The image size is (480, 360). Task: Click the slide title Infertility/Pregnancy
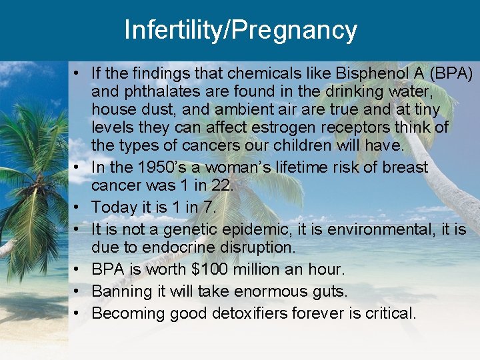(x=240, y=30)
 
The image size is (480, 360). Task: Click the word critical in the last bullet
(x=389, y=313)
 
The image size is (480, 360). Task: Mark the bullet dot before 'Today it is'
(x=78, y=208)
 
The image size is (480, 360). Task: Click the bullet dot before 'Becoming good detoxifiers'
(x=78, y=313)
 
